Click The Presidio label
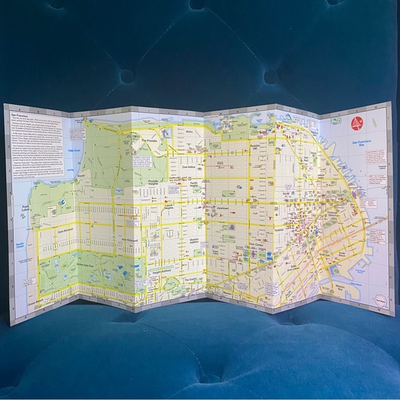coord(150,140)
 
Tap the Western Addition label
coord(198,239)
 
